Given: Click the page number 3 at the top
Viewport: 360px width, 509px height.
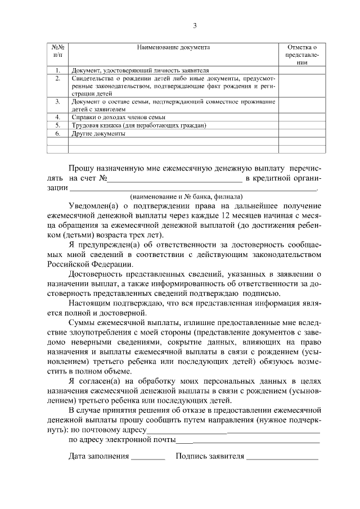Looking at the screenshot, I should point(195,25).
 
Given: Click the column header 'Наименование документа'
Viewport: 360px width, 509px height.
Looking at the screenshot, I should point(173,48).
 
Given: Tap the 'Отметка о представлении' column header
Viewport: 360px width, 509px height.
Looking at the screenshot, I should point(301,56).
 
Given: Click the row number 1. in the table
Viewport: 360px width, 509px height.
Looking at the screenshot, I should point(57,70).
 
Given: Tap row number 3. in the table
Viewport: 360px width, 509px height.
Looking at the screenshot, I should point(57,101).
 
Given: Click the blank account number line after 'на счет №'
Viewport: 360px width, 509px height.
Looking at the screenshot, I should point(174,180).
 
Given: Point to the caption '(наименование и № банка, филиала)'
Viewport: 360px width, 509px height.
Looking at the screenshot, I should point(186,197).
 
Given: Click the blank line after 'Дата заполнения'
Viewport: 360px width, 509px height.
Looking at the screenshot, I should point(148,458).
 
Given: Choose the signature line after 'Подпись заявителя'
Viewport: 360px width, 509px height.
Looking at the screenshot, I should point(282,458).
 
